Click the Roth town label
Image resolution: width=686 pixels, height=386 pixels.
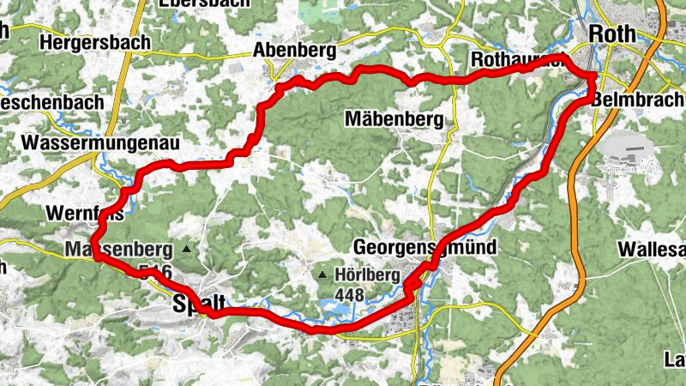(613, 33)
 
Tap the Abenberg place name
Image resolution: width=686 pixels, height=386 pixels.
(294, 51)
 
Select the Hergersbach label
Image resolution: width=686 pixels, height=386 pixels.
(94, 41)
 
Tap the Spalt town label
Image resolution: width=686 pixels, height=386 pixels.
(199, 303)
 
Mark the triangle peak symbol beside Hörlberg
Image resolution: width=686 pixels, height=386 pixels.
(322, 275)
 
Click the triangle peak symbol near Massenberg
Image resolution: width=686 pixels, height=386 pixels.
(187, 250)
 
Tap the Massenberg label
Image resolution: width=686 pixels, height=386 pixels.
(117, 250)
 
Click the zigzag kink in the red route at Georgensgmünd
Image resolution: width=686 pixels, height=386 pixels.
(413, 286)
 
